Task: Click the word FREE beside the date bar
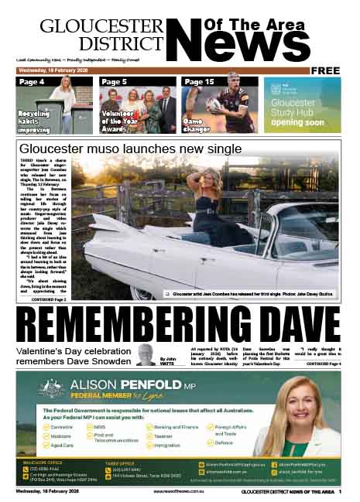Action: [326, 70]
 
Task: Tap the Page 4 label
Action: [32, 81]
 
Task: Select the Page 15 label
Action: [199, 81]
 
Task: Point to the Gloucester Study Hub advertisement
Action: [302, 105]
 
